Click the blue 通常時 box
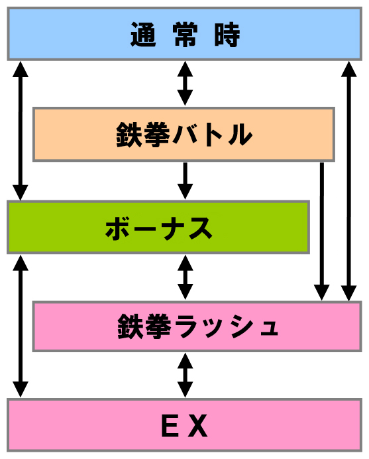coord(184,34)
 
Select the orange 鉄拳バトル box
coord(184,135)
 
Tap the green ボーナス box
coord(158,227)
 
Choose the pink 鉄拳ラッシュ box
coord(197,326)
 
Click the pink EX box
coord(184,425)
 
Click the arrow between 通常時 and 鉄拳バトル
coord(185,84)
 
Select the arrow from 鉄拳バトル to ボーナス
coord(185,180)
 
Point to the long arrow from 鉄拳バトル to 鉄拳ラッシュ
coord(321,231)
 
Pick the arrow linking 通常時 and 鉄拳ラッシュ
coord(348,181)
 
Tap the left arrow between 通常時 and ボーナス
coord(20,131)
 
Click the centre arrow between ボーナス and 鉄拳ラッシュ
coord(185,277)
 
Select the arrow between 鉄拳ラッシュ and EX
coord(185,375)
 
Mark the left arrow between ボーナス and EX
coord(21,326)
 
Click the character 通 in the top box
coord(143,34)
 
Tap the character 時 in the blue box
coord(227,34)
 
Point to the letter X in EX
coord(197,426)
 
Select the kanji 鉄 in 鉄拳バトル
coord(130,135)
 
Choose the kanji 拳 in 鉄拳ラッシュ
coord(158,326)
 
